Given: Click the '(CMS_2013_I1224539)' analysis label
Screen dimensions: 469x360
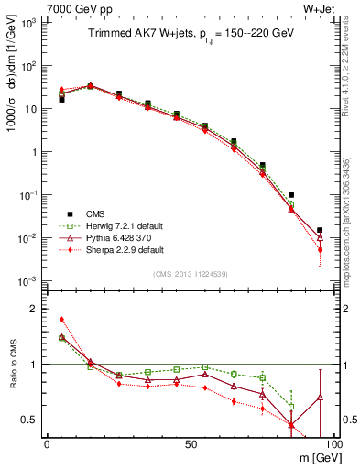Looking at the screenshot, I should pos(191,273).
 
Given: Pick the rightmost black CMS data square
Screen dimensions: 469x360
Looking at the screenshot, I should pos(319,230).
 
